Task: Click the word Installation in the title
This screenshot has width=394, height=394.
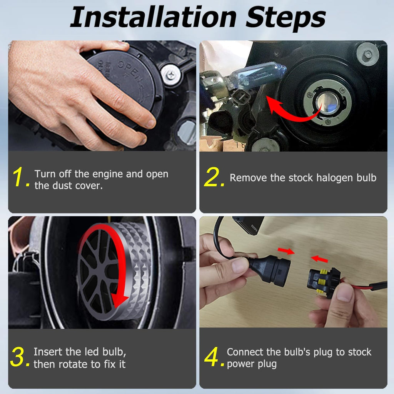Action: click(x=153, y=17)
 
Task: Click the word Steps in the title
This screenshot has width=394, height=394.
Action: click(x=286, y=18)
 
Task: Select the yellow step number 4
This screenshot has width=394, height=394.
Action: click(x=213, y=356)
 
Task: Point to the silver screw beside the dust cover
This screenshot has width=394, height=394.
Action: click(x=171, y=75)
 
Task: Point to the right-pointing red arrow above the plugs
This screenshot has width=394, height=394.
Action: click(x=286, y=251)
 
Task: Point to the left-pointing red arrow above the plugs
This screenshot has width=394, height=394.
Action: click(x=319, y=259)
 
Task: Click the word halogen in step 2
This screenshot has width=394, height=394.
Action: click(x=331, y=178)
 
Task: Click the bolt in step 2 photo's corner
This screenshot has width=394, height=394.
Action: click(x=367, y=54)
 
